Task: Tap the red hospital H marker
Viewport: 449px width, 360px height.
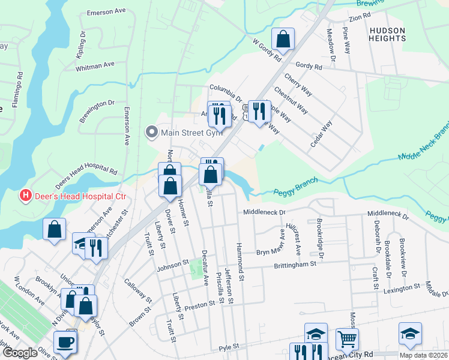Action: tap(25, 196)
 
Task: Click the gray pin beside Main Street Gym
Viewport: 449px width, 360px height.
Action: tap(152, 131)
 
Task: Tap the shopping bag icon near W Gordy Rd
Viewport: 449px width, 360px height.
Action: tap(283, 40)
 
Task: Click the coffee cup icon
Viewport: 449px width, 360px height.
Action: tap(65, 342)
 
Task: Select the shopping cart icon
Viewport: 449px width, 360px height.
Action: tap(347, 339)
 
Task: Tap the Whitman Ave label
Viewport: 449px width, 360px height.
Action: tap(95, 65)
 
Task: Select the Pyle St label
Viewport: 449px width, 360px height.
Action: tap(229, 347)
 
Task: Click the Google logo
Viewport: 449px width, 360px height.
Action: tap(20, 353)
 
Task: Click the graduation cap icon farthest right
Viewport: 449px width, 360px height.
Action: tap(410, 334)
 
